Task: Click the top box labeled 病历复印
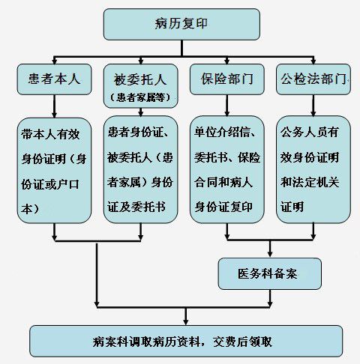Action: tap(181, 24)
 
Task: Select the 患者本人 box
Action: tap(55, 79)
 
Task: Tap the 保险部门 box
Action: tap(227, 79)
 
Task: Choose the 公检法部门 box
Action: tap(313, 79)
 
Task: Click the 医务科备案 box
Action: tap(270, 273)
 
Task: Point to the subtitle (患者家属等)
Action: tap(140, 97)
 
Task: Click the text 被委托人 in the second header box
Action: tap(140, 80)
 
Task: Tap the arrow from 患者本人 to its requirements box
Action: tap(55, 106)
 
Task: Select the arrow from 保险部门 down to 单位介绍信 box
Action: tap(227, 106)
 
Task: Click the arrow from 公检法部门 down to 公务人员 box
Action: tap(313, 106)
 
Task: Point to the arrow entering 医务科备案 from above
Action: tap(270, 249)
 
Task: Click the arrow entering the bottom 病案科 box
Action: tap(185, 316)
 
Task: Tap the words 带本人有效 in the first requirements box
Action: tap(50, 134)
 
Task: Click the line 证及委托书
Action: tap(136, 207)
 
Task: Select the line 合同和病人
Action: tap(223, 182)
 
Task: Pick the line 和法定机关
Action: tap(310, 182)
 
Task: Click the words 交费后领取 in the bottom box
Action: tap(242, 342)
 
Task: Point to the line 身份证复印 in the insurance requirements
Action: tap(223, 207)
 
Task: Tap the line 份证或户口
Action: tap(50, 184)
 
